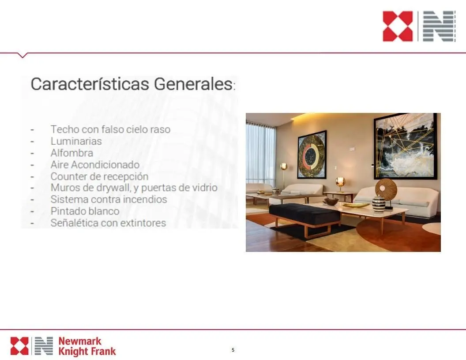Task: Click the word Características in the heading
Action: tap(90, 84)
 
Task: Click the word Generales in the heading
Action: tap(193, 84)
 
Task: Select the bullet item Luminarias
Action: tap(76, 141)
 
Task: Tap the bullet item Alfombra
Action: tap(71, 153)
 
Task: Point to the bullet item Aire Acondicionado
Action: tap(95, 165)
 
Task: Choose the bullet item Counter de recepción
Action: tap(99, 176)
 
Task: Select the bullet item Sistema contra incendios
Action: tap(109, 199)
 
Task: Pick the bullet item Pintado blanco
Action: tap(85, 211)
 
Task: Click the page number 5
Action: tap(233, 350)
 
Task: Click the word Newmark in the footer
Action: tap(79, 341)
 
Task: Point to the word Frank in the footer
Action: tap(104, 351)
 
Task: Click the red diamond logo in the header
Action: tap(398, 26)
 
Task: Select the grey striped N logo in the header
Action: tap(439, 26)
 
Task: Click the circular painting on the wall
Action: tap(312, 154)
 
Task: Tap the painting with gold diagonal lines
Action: tap(406, 146)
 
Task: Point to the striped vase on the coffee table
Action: tap(379, 203)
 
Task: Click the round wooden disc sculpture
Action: tap(386, 189)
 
